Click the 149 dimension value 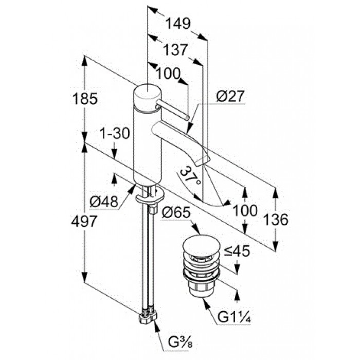coord(178,24)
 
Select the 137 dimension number coord(176,50)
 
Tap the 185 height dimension coord(85,99)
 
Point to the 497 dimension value coord(84,222)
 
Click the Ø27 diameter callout coord(229,96)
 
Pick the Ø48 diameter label coord(104,202)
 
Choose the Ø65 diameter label coord(176,212)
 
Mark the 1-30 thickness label coord(115,133)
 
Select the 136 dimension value coord(276,219)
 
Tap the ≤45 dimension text coord(237,251)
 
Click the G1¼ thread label coord(234,317)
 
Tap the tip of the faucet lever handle coord(187,118)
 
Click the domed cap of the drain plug coord(201,244)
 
